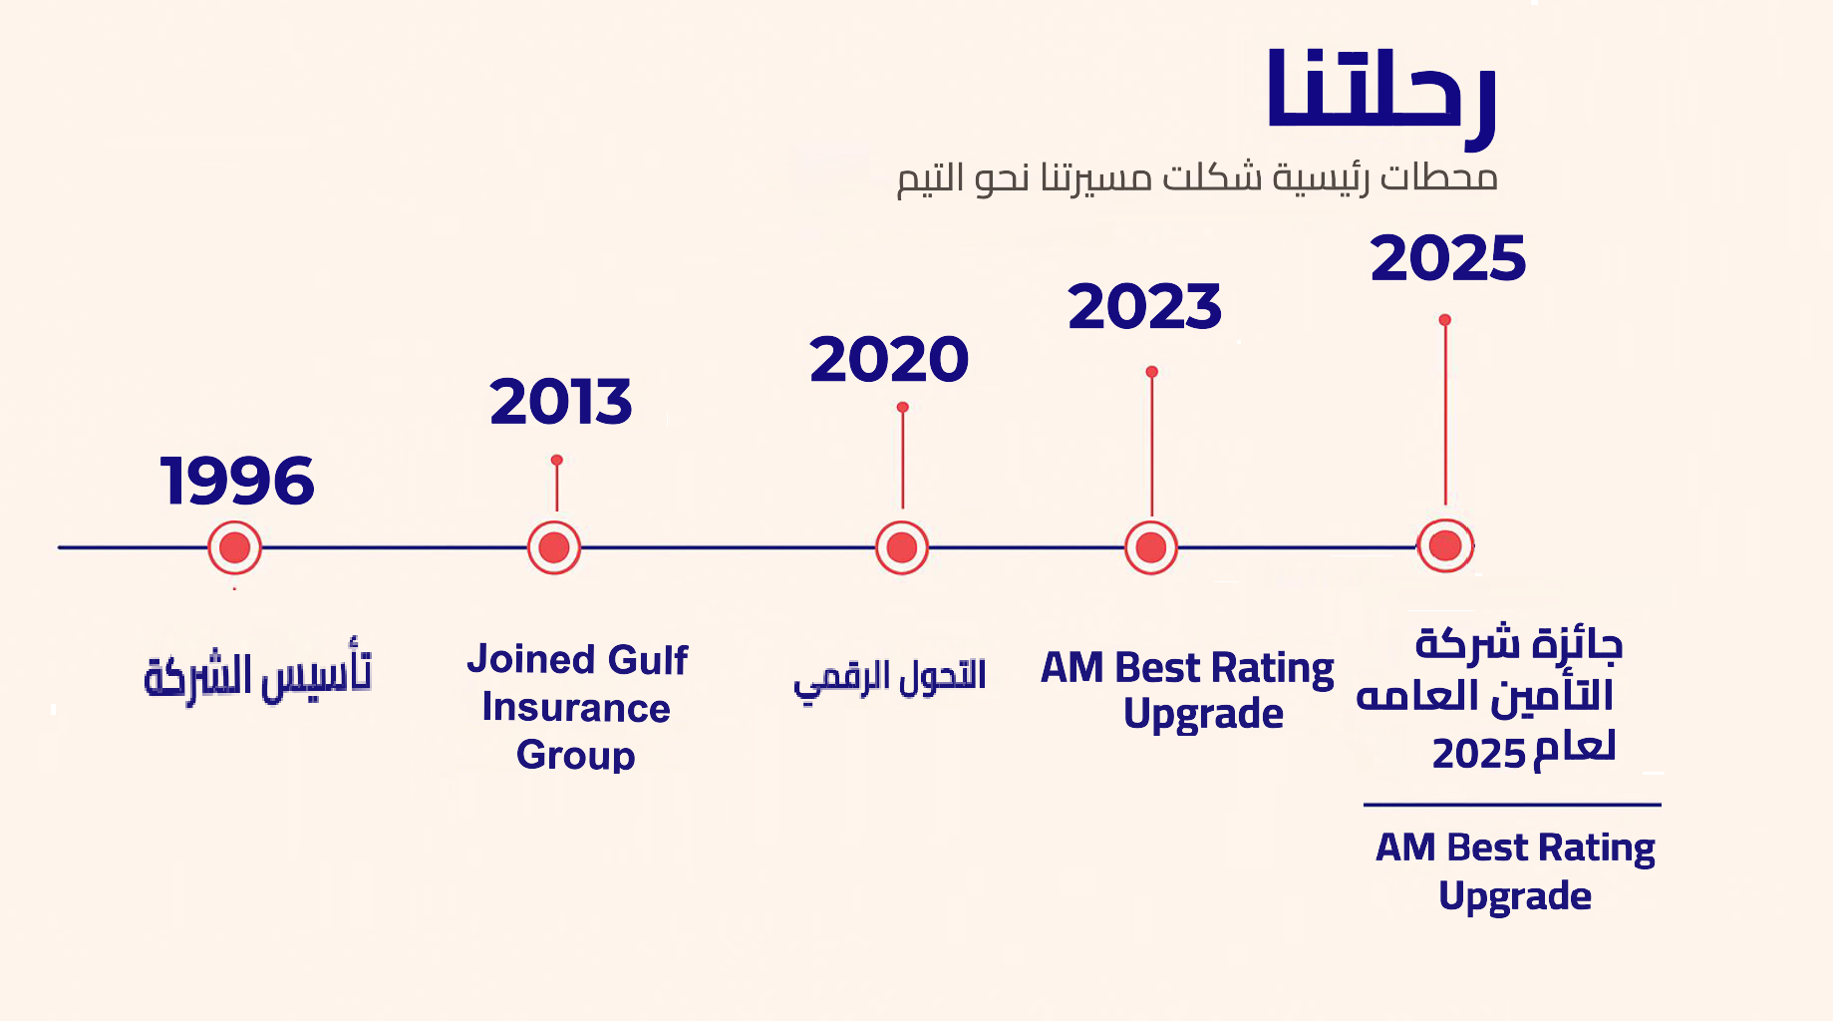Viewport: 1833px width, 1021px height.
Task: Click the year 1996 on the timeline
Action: coord(237,481)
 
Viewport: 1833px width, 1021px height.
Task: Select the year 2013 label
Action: coord(561,402)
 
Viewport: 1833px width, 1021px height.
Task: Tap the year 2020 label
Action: coord(889,360)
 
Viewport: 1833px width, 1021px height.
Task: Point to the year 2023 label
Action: coord(1144,306)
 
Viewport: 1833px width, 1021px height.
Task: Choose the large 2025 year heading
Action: coord(1448,258)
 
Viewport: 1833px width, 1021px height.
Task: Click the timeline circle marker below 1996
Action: coord(235,547)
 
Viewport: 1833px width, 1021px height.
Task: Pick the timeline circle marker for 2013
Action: coord(554,547)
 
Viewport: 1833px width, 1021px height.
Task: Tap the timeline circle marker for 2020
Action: coord(902,547)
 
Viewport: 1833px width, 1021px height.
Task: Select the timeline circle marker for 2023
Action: coord(1151,547)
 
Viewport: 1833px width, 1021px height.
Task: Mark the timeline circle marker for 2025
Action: coord(1445,545)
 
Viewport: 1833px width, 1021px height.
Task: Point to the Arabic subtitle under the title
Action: coord(1197,178)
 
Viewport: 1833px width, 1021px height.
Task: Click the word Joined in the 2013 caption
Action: coord(530,661)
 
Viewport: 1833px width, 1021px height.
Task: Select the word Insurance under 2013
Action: coord(576,708)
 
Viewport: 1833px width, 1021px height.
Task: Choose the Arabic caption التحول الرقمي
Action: coord(890,677)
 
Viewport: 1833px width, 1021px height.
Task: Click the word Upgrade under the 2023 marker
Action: coord(1203,715)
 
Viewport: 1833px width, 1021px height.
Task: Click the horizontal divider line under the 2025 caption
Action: coord(1512,805)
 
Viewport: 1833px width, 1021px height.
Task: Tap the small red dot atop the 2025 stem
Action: coord(1445,320)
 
